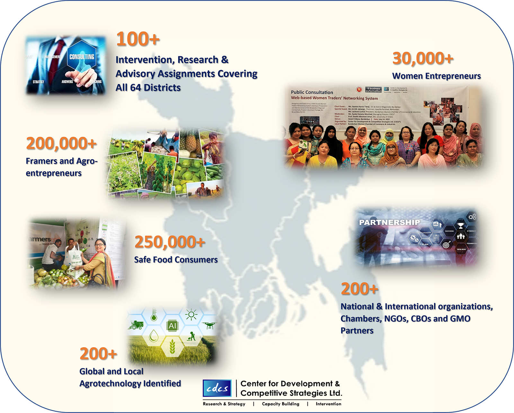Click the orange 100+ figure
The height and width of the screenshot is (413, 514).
pyautogui.click(x=138, y=39)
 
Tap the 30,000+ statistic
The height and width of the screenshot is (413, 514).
pyautogui.click(x=423, y=58)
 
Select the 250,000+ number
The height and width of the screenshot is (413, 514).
pyautogui.click(x=170, y=242)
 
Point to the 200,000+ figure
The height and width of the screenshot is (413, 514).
pyautogui.click(x=61, y=143)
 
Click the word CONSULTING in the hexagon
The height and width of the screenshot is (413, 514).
pyautogui.click(x=82, y=57)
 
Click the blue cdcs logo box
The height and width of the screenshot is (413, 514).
pyautogui.click(x=217, y=388)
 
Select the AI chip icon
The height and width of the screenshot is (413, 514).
pyautogui.click(x=173, y=326)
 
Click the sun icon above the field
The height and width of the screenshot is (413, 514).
pyautogui.click(x=191, y=314)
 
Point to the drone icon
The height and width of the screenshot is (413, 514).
pyautogui.click(x=209, y=325)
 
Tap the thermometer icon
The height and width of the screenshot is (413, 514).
pyautogui.click(x=154, y=315)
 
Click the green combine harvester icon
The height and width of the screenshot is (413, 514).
pyautogui.click(x=136, y=325)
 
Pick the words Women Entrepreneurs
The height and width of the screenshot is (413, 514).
pyautogui.click(x=436, y=76)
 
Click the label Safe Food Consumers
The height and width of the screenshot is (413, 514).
pyautogui.click(x=176, y=260)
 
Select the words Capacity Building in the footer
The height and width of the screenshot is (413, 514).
pyautogui.click(x=280, y=404)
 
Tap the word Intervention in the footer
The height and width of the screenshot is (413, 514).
pyautogui.click(x=328, y=404)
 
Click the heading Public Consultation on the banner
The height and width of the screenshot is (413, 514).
pyautogui.click(x=312, y=92)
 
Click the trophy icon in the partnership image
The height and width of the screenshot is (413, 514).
pyautogui.click(x=461, y=226)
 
